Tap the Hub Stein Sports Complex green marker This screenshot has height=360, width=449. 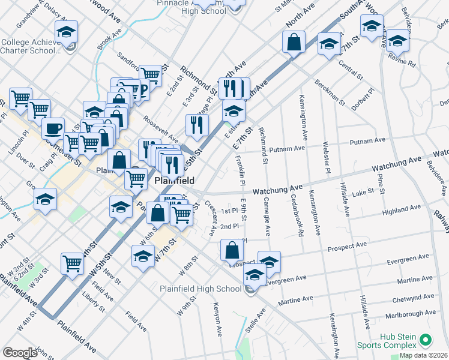426,341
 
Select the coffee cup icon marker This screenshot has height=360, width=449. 53,128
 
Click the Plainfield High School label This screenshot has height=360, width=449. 200,289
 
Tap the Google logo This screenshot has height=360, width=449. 19,353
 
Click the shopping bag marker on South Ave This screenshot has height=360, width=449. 294,43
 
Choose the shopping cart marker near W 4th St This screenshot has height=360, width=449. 72,262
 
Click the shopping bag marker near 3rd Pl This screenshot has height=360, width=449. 232,251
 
